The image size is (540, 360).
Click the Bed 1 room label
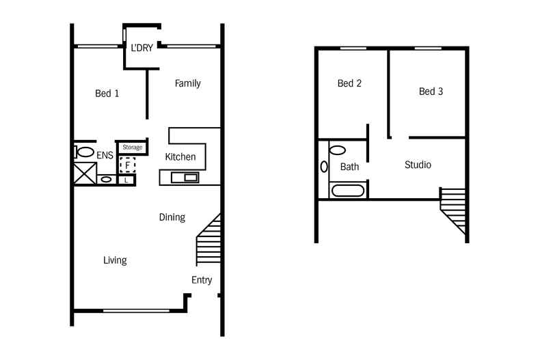point(107,94)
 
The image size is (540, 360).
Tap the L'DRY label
point(141,49)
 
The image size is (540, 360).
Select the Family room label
point(187,83)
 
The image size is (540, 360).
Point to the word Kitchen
point(180,157)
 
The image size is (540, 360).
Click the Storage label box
point(132,147)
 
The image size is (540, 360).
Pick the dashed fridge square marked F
point(127,165)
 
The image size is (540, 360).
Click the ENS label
point(105,156)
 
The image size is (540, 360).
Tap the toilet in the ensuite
point(85,152)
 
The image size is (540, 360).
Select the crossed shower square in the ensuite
point(85,174)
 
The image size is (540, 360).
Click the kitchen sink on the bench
point(185,178)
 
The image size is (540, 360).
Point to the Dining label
point(172,217)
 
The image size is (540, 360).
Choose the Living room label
point(115,260)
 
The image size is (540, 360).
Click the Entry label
point(202,280)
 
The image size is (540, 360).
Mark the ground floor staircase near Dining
point(209,241)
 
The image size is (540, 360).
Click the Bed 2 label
point(349,83)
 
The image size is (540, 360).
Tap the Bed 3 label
point(431,91)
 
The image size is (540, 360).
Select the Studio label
point(418,165)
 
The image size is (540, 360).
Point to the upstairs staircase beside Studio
point(454,210)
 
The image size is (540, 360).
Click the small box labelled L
point(127,180)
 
